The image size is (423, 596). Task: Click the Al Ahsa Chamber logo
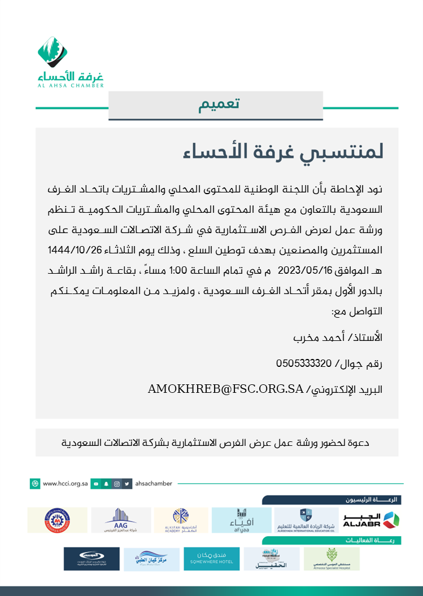click(71, 62)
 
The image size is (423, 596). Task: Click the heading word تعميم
click(219, 105)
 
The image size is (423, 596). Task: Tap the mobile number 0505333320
click(304, 363)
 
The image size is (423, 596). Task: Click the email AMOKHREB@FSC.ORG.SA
click(226, 389)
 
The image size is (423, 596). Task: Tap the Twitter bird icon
click(128, 484)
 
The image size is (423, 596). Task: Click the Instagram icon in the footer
click(117, 484)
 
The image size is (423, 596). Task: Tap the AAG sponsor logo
click(121, 520)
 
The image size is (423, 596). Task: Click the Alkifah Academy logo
click(181, 520)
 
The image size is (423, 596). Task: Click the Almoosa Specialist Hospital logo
click(331, 559)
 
